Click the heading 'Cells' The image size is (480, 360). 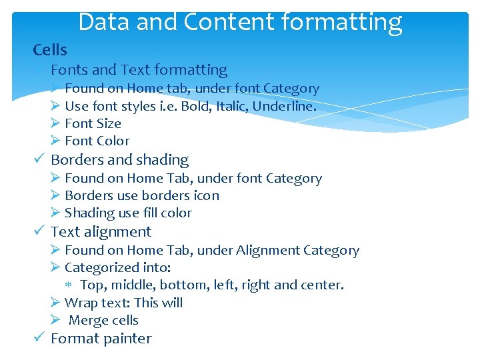[50, 50]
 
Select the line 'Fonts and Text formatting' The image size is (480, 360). [139, 69]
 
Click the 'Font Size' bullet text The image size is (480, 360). [93, 123]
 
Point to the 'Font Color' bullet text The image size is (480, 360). [97, 141]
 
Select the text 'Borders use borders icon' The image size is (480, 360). [141, 195]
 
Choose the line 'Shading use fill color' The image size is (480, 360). [128, 213]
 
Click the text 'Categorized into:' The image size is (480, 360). [117, 267]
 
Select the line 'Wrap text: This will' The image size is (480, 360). [123, 303]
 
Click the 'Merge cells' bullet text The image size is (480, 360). [103, 320]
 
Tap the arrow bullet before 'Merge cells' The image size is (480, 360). [55, 320]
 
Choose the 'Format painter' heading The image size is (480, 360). [101, 339]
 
